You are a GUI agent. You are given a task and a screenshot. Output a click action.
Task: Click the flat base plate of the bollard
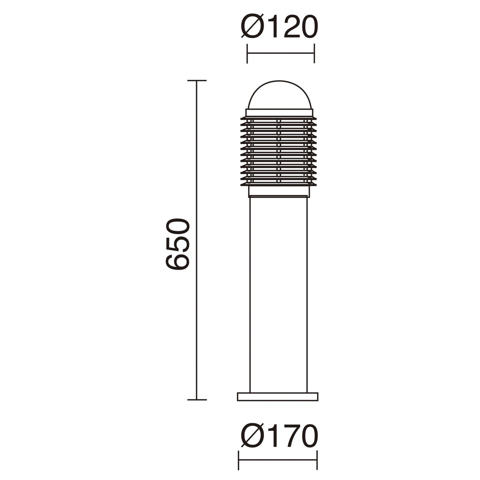[x=278, y=397]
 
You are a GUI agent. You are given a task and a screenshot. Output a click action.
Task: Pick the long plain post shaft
[x=278, y=294]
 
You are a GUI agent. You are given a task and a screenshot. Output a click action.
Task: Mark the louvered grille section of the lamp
[x=279, y=152]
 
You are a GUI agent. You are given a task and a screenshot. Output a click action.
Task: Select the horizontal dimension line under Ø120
[x=281, y=54]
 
